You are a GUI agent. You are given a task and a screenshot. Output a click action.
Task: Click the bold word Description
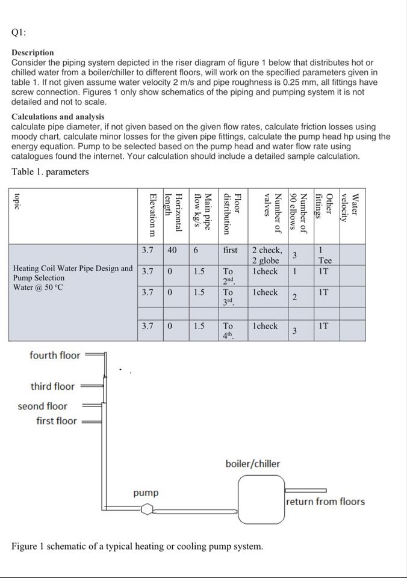(33, 53)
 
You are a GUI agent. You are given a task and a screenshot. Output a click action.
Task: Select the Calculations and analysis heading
(58, 117)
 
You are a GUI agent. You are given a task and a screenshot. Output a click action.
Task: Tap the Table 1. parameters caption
(50, 172)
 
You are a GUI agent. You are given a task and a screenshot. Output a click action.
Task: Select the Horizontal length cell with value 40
(172, 250)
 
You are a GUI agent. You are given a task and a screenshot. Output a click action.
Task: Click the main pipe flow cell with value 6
(196, 250)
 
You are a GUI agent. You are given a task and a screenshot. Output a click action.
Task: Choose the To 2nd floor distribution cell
(229, 275)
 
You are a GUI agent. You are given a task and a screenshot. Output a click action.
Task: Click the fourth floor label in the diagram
(55, 355)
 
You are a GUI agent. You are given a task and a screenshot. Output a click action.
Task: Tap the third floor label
(53, 386)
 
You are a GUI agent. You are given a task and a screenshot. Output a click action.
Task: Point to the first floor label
(57, 420)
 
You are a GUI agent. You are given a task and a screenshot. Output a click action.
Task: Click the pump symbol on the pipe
(147, 510)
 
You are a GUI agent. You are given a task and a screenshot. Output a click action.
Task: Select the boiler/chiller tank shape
(260, 499)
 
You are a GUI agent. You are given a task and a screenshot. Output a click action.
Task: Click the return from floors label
(325, 501)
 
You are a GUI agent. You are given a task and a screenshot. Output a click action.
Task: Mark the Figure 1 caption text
(137, 547)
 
